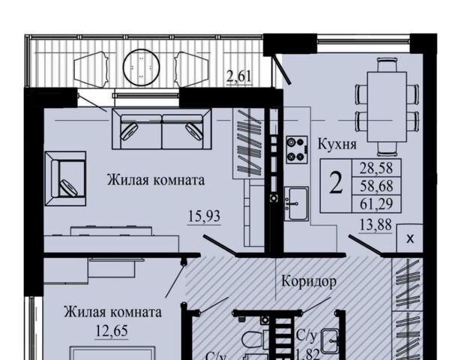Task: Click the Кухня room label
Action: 337,145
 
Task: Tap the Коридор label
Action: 308,281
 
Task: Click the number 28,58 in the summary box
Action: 381,166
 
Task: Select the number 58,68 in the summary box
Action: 381,184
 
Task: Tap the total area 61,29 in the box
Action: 381,202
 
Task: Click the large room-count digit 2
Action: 337,184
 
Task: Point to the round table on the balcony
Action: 139,69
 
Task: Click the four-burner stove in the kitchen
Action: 298,148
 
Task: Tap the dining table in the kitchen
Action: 386,106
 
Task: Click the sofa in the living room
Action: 162,129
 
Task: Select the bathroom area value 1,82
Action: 307,351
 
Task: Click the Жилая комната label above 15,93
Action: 156,181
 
